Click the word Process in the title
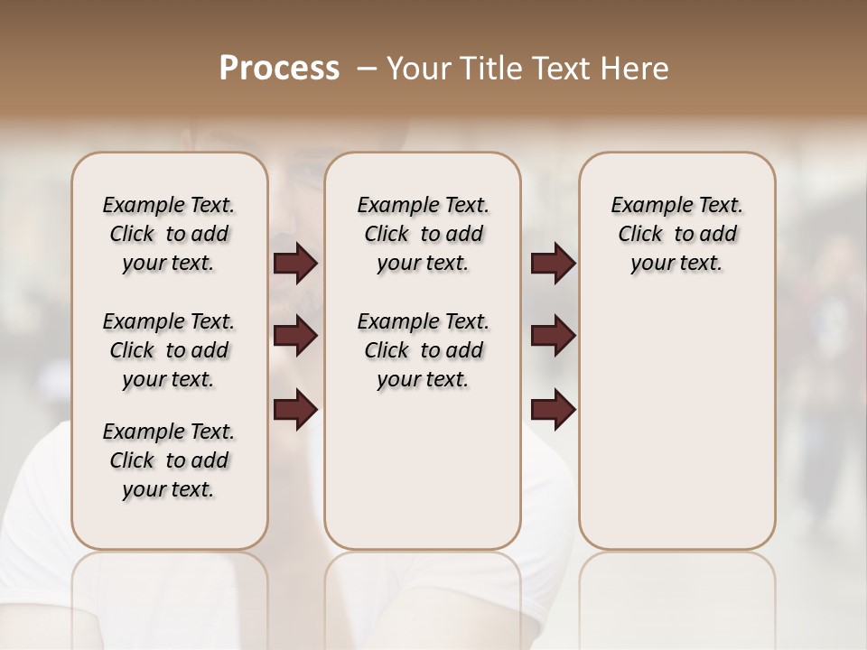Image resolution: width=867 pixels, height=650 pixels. (x=280, y=69)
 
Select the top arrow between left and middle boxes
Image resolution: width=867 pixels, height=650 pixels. (x=295, y=264)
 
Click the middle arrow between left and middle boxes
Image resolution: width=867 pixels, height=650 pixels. (x=295, y=337)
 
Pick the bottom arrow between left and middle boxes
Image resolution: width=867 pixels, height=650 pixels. (x=295, y=410)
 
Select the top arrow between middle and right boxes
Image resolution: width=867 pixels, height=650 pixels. (x=553, y=264)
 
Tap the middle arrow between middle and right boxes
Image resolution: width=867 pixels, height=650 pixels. (x=553, y=337)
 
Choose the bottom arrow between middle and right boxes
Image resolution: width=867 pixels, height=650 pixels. (x=553, y=410)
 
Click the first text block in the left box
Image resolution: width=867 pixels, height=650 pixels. (x=169, y=234)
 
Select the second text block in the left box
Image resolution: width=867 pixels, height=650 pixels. (x=169, y=350)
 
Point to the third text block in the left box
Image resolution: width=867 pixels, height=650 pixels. (x=169, y=460)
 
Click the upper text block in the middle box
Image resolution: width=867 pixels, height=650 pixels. (x=423, y=234)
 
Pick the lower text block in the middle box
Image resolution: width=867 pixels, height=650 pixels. (x=423, y=350)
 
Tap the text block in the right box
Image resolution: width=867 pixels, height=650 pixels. (x=676, y=234)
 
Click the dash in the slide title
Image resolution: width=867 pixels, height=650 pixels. (x=366, y=69)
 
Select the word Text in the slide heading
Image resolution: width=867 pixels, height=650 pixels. (x=558, y=69)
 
